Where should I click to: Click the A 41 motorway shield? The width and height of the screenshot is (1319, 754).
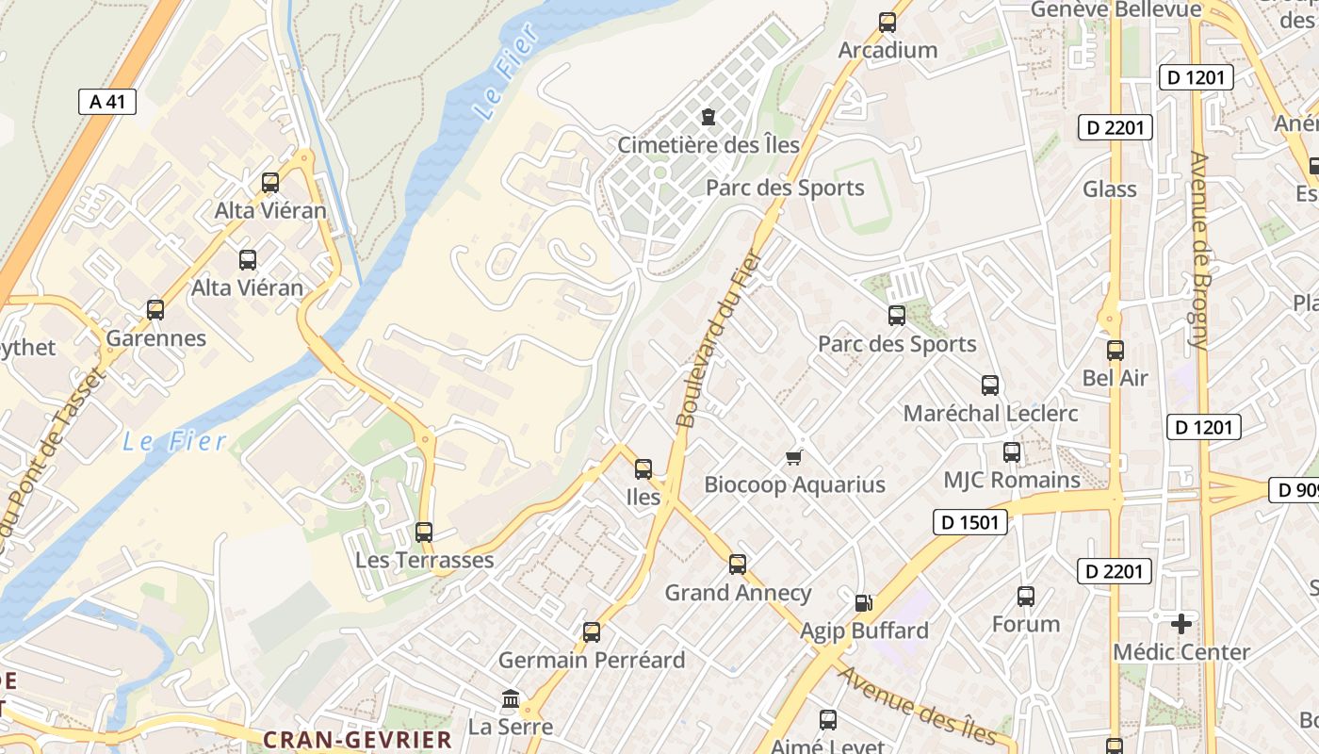[x=107, y=102]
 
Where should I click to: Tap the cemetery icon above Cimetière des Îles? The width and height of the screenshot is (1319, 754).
[x=708, y=118]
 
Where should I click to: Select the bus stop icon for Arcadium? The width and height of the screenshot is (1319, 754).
[x=887, y=23]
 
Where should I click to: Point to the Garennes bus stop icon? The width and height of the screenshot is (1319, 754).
[x=155, y=310]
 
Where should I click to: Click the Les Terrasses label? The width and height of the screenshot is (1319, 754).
[x=424, y=560]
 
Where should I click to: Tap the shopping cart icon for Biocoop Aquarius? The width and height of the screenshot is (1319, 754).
[x=794, y=457]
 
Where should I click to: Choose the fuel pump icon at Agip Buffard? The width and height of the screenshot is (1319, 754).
[x=863, y=603]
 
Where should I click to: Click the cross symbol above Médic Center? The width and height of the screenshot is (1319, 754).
[x=1181, y=624]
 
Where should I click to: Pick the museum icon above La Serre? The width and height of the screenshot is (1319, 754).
[x=511, y=699]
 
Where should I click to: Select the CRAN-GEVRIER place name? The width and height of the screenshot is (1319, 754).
[x=358, y=740]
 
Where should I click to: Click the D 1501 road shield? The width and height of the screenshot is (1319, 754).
[x=970, y=522]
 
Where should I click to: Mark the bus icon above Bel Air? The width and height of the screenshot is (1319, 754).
[x=1115, y=351]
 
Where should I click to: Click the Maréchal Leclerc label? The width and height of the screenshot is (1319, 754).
[x=990, y=413]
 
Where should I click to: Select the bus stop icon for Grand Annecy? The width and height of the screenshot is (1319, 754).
[x=738, y=565]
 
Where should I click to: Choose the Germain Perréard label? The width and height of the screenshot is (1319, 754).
[x=592, y=660]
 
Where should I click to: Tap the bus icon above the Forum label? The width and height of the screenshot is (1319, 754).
[x=1026, y=597]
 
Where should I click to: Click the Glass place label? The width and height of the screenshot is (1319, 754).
[x=1110, y=189]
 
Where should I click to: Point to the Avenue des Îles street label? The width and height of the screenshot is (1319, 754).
[x=916, y=703]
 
